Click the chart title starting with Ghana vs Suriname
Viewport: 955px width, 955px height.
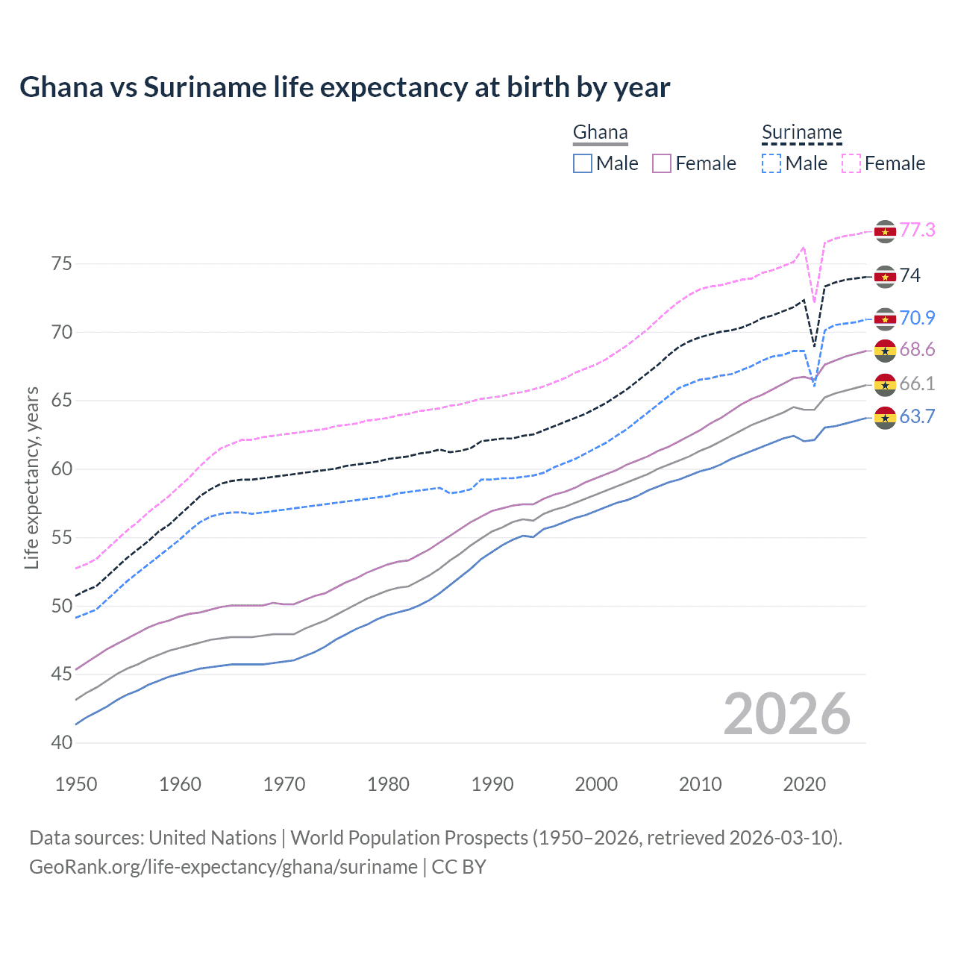345,87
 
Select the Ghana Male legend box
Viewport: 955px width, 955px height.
583,163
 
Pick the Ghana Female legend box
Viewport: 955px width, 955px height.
662,163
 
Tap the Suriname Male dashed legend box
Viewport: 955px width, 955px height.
771,163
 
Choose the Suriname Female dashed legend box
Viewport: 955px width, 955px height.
851,163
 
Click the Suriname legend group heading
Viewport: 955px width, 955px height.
801,133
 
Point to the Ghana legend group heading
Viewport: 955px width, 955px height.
600,133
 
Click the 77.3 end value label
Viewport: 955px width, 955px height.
917,231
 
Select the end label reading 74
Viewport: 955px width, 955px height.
910,276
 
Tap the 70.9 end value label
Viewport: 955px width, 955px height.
917,319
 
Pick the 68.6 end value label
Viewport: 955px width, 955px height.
917,350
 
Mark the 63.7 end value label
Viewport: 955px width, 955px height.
917,417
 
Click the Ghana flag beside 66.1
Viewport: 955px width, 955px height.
885,385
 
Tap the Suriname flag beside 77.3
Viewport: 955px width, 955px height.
885,231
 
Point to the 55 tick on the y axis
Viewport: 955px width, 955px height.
62,538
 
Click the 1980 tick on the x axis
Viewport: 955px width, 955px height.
388,784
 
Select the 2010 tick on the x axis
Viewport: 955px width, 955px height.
700,784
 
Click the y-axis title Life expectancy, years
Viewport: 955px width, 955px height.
32,477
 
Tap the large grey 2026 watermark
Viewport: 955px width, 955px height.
787,714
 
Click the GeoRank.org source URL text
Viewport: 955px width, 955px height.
223,867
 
